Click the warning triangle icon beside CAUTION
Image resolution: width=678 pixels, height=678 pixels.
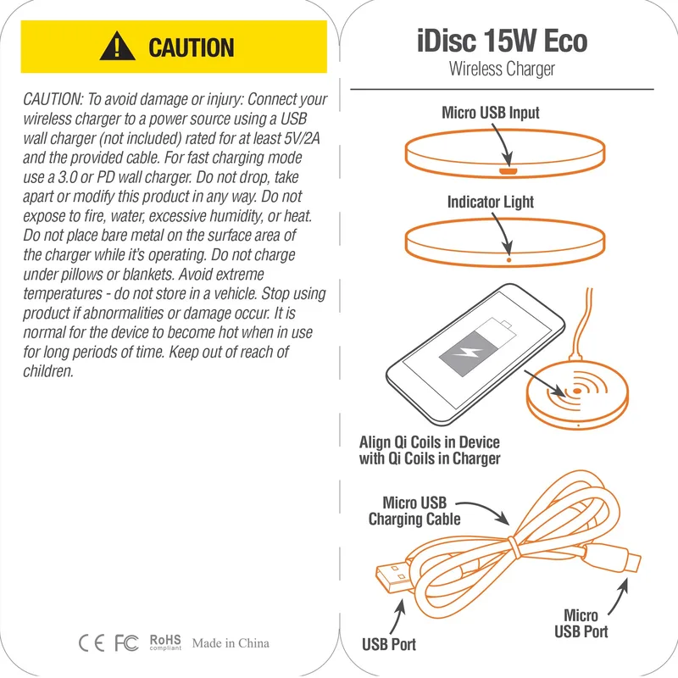point(117,47)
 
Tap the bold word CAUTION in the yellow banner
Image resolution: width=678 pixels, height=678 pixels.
point(192,47)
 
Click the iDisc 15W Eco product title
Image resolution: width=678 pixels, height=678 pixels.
point(502,41)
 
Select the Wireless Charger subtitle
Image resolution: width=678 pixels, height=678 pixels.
point(502,69)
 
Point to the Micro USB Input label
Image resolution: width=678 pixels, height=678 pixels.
point(491,113)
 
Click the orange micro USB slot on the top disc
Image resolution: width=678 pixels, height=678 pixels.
point(508,171)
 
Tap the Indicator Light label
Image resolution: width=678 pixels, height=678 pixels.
point(491,202)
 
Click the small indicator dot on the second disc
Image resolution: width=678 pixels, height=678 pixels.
point(509,260)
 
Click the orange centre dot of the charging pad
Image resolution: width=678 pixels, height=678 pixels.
point(577,392)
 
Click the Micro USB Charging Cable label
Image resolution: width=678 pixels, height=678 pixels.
point(414,511)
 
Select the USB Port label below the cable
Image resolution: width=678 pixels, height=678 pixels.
point(389,644)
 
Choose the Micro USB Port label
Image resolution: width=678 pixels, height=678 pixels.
point(581,624)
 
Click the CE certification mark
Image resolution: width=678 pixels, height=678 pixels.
point(92,643)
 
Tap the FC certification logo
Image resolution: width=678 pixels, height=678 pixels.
point(126,643)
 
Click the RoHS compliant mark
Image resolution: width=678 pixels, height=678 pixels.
point(165,642)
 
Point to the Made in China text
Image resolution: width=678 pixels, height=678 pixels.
point(231,643)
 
